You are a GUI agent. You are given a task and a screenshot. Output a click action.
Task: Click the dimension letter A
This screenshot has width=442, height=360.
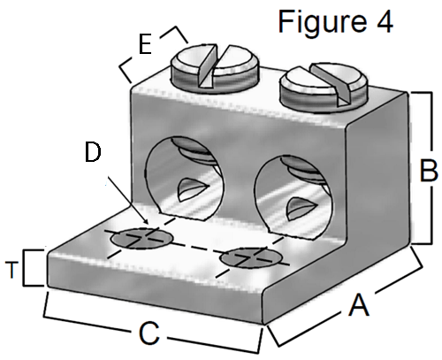click(x=359, y=306)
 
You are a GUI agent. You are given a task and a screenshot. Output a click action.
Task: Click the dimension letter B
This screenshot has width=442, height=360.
click(x=429, y=171)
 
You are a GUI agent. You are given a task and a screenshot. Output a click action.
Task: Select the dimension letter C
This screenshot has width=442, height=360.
click(x=149, y=333)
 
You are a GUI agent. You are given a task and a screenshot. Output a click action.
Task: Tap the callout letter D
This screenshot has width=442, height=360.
click(x=93, y=152)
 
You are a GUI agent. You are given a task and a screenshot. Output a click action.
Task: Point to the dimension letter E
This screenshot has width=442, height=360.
click(x=145, y=44)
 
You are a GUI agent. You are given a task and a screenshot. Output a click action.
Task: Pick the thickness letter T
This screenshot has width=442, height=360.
click(x=11, y=270)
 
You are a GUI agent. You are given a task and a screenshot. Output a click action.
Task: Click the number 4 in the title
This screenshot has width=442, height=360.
click(x=384, y=22)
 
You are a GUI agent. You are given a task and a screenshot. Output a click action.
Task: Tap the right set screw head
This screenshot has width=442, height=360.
click(x=324, y=86)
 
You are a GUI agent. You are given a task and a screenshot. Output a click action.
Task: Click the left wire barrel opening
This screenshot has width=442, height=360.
click(x=185, y=178)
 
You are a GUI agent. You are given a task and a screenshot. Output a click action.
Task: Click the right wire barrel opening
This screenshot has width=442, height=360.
click(x=293, y=197)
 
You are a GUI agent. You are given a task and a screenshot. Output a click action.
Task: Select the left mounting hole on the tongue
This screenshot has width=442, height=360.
click(x=141, y=238)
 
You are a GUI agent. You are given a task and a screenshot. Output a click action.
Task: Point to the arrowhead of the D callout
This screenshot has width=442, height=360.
click(x=145, y=222)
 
